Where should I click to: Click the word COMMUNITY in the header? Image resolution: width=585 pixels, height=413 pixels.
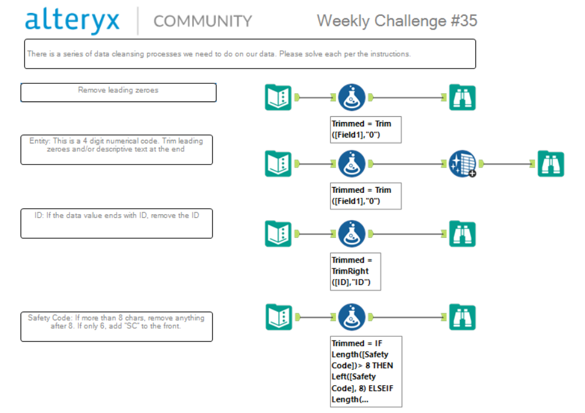click(x=202, y=21)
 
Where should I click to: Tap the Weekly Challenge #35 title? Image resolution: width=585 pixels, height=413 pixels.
click(x=397, y=21)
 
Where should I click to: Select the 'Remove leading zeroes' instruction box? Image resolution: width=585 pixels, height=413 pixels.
click(x=118, y=92)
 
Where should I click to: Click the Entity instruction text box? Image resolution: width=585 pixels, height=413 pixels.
click(x=116, y=149)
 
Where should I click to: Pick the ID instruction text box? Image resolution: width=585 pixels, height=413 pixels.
click(x=116, y=223)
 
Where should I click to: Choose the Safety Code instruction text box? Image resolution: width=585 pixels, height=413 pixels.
click(x=116, y=326)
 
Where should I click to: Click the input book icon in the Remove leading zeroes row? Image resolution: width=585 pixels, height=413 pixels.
click(x=278, y=97)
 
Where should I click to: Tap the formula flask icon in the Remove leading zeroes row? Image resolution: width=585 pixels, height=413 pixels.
click(x=352, y=97)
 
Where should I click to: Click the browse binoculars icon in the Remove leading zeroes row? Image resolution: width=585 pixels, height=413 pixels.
click(x=462, y=97)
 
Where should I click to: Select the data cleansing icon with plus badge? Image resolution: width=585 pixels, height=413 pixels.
click(x=462, y=164)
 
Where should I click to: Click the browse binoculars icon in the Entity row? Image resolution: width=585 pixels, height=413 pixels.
click(x=551, y=164)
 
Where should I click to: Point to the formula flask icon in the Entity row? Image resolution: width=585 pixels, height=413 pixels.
click(x=352, y=164)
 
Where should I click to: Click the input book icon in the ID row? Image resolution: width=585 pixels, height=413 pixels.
click(x=278, y=234)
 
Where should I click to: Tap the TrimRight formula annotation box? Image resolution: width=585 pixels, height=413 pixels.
click(x=356, y=271)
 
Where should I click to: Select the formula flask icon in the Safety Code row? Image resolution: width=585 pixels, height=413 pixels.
click(x=352, y=317)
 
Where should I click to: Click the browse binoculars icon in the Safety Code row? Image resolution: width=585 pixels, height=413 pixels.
click(x=462, y=317)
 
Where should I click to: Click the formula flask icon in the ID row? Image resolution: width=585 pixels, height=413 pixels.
click(x=352, y=234)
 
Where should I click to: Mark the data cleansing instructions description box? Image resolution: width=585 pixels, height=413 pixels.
click(x=249, y=54)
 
